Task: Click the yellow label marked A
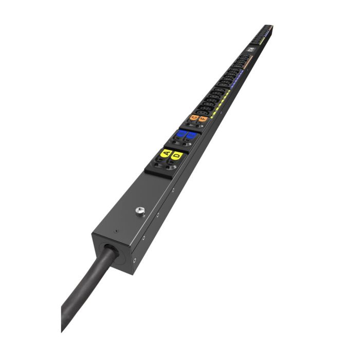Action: point(166,153)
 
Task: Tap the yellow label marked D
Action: point(177,155)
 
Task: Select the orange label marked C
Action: point(194,117)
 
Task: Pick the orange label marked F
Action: point(203,119)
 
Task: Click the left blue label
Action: point(181,134)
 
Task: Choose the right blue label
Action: point(191,136)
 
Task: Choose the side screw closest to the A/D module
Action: point(173,190)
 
